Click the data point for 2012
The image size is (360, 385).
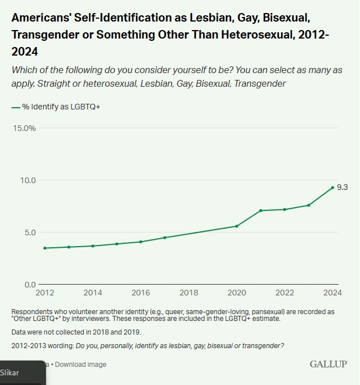44,248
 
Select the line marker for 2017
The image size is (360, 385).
164,238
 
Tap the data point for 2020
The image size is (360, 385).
236,226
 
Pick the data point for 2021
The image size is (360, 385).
260,210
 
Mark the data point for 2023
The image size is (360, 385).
308,205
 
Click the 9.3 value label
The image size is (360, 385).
342,187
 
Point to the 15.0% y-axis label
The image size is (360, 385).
24,128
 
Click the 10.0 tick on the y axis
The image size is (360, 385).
28,180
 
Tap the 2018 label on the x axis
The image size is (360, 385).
189,293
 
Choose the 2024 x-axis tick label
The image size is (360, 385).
332,293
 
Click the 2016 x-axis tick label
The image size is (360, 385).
141,293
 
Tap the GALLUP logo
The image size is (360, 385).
328,364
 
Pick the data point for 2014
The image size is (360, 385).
92,246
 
